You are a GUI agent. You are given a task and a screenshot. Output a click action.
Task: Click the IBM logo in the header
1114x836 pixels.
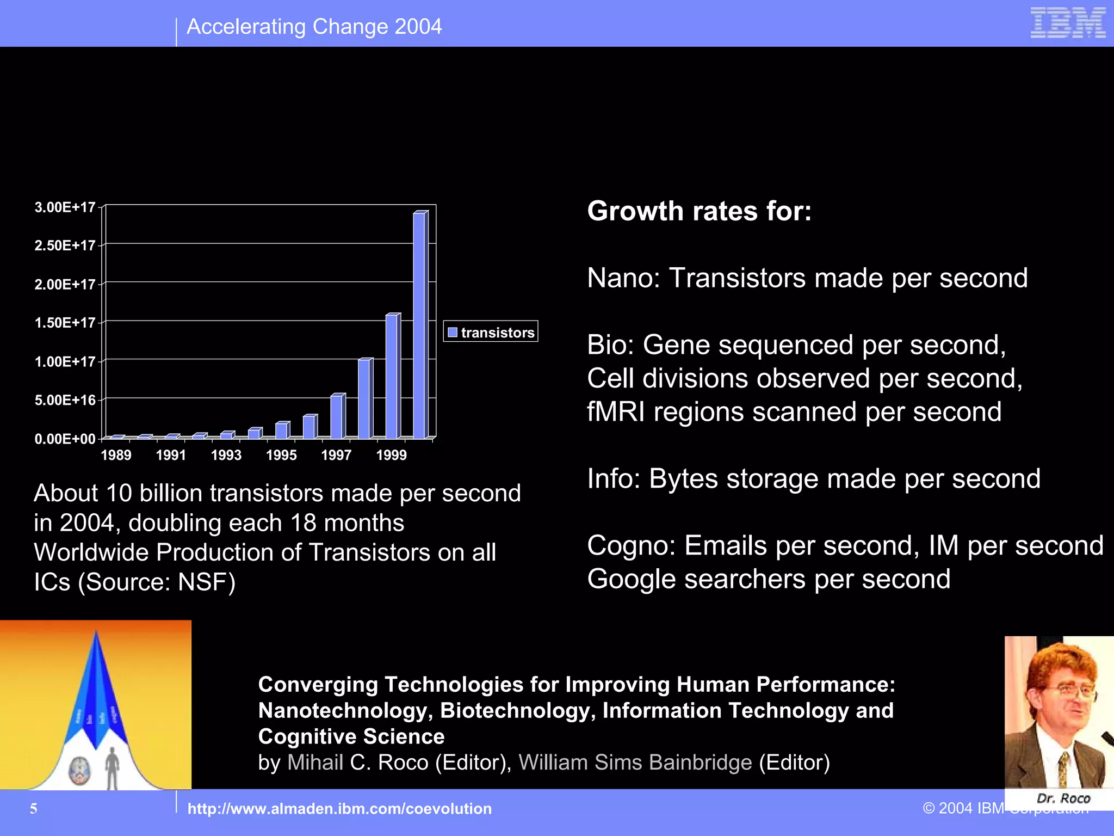pyautogui.click(x=1068, y=23)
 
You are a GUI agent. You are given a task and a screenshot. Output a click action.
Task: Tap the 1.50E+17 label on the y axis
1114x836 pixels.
pyautogui.click(x=65, y=323)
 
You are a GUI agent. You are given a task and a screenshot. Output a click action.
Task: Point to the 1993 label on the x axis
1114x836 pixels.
pyautogui.click(x=226, y=455)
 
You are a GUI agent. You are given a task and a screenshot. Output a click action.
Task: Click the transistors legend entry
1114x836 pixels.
pyautogui.click(x=491, y=332)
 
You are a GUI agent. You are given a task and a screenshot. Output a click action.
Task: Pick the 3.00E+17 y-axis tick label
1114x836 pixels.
pyautogui.click(x=65, y=207)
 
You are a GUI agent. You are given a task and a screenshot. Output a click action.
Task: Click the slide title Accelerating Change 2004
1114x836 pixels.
pyautogui.click(x=314, y=27)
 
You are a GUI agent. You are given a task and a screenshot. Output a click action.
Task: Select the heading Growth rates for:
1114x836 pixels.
pyautogui.click(x=699, y=211)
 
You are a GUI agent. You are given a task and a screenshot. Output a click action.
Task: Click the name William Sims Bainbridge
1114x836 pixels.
pyautogui.click(x=635, y=763)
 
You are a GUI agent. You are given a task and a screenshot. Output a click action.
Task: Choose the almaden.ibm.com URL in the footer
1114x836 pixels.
pyautogui.click(x=339, y=809)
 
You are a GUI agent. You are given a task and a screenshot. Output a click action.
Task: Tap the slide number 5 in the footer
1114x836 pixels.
pyautogui.click(x=34, y=809)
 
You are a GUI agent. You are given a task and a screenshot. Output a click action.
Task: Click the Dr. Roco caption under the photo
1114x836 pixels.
pyautogui.click(x=1063, y=798)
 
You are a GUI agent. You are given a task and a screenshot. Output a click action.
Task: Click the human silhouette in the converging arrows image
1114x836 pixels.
pyautogui.click(x=112, y=767)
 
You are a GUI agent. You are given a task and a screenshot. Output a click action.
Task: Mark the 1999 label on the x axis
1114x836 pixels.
pyautogui.click(x=391, y=455)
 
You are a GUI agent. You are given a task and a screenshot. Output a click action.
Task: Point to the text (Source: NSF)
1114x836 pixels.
pyautogui.click(x=157, y=582)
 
